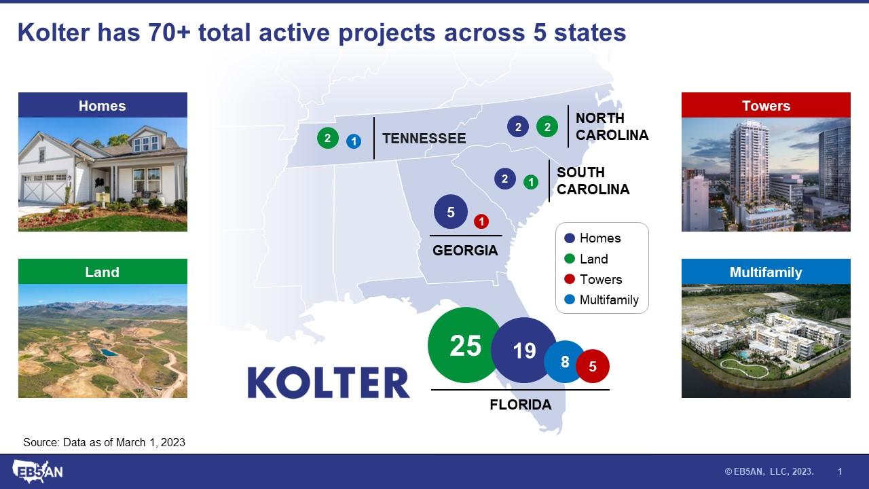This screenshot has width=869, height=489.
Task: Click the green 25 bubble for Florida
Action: point(466,345)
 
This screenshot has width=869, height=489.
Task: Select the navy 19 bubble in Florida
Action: point(523,350)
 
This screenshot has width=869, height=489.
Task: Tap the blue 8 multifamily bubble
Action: point(564,362)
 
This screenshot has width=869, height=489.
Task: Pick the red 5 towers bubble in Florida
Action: point(593,366)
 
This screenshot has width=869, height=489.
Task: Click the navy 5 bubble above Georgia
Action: point(450,211)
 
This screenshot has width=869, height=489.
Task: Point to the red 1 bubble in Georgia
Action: point(481,221)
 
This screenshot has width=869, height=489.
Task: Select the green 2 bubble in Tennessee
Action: point(327,138)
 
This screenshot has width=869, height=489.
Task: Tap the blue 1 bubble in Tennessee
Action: point(354,141)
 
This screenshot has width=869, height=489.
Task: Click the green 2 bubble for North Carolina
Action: point(547,126)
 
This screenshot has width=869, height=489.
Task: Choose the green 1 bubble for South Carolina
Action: point(531,182)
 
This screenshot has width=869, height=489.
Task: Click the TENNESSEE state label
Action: point(424,139)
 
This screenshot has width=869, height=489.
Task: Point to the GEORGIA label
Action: point(465,251)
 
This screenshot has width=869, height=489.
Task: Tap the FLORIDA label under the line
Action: point(521,404)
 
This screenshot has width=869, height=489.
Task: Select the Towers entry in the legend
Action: point(593,279)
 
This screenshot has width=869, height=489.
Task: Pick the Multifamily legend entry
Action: point(602,300)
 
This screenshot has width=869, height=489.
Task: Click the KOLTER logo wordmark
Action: point(329,382)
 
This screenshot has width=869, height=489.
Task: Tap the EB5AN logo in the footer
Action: point(37,471)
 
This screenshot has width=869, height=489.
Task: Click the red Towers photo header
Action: point(766,105)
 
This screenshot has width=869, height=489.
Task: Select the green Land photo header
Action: point(103,272)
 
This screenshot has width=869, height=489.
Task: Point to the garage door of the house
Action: point(45,188)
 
